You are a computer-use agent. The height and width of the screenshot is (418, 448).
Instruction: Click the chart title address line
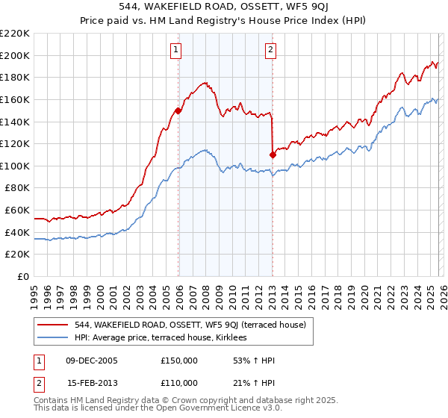pyautogui.click(x=224, y=5)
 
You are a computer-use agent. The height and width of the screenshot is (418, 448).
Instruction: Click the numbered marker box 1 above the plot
pyautogui.click(x=176, y=50)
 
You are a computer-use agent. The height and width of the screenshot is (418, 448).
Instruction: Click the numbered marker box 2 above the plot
pyautogui.click(x=270, y=50)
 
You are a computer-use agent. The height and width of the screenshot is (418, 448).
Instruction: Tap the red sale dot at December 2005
pyautogui.click(x=178, y=110)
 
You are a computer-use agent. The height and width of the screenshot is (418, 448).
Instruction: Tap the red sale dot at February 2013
pyautogui.click(x=273, y=155)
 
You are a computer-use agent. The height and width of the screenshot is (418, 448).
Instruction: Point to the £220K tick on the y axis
pyautogui.click(x=16, y=34)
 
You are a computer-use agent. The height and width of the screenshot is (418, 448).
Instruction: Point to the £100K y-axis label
pyautogui.click(x=16, y=166)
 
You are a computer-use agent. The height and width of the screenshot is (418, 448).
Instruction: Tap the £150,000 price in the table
pyautogui.click(x=179, y=361)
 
